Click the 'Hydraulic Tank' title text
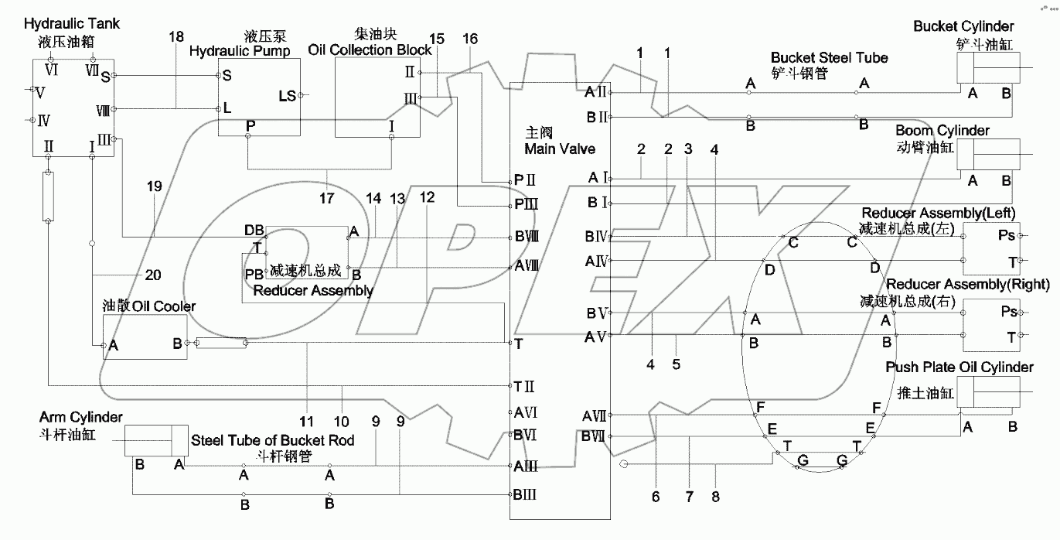pyautogui.click(x=72, y=25)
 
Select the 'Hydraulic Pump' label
pyautogui.click(x=240, y=51)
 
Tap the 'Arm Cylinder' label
pyautogui.click(x=80, y=418)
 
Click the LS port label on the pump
pyautogui.click(x=287, y=95)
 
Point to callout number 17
pyautogui.click(x=326, y=198)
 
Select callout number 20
pyautogui.click(x=153, y=275)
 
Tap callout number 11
pyautogui.click(x=307, y=422)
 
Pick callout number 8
pyautogui.click(x=715, y=497)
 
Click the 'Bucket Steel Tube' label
pyautogui.click(x=829, y=58)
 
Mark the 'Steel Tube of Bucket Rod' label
pyautogui.click(x=272, y=440)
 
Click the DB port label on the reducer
pyautogui.click(x=254, y=230)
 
